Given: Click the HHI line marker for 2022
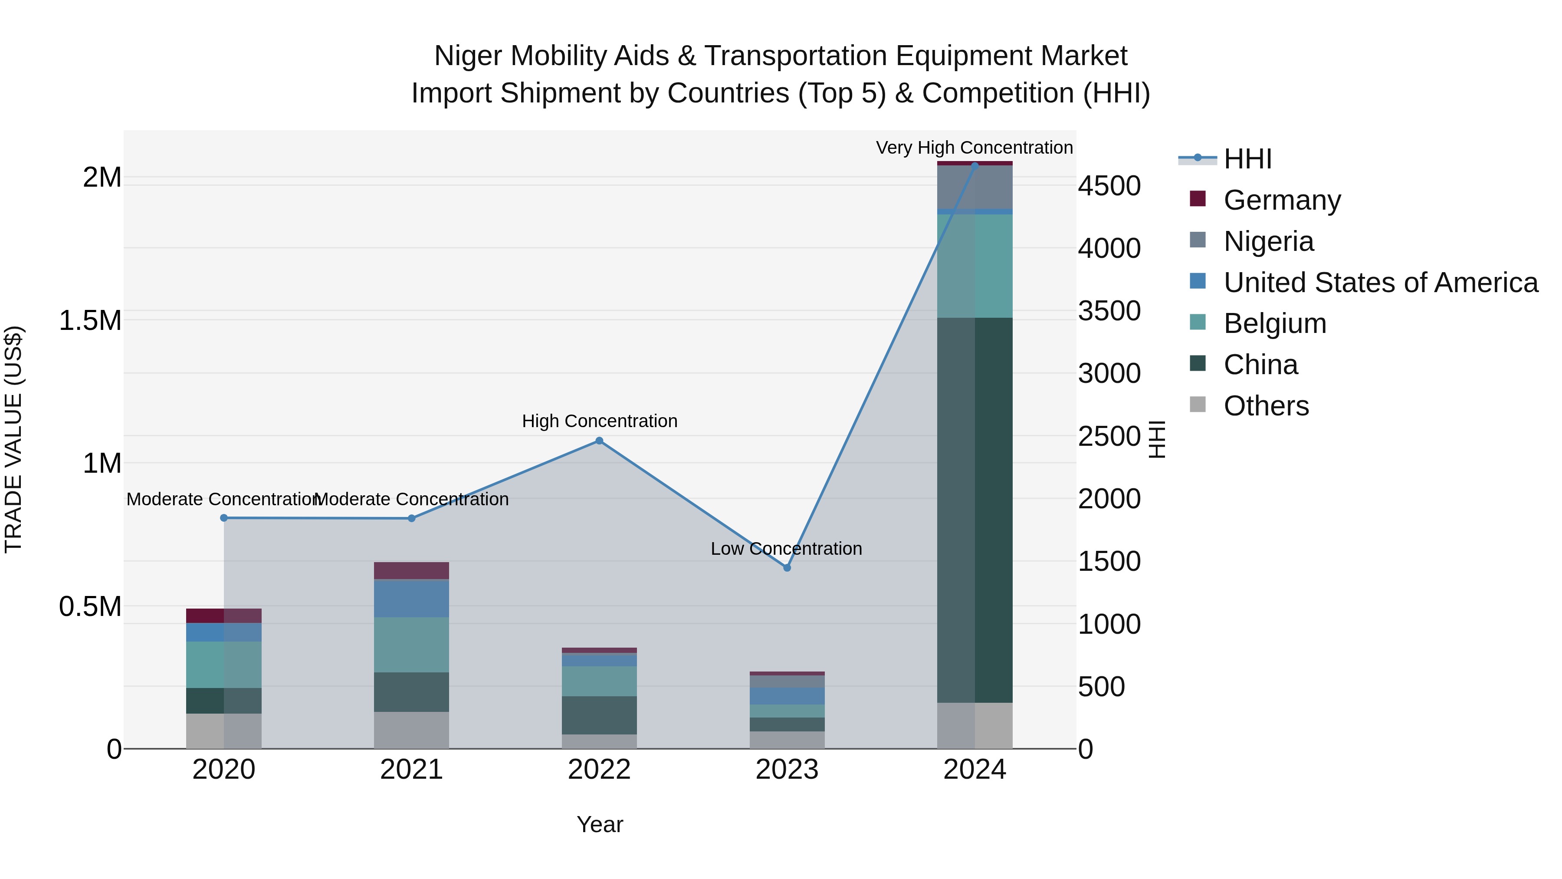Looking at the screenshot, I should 599,441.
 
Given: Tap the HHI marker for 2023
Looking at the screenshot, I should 787,568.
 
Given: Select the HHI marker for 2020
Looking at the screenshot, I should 224,518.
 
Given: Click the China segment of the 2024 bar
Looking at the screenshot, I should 975,510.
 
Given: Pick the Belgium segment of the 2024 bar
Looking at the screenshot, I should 975,266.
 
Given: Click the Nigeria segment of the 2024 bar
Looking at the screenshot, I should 975,187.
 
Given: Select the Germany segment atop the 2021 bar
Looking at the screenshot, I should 411,570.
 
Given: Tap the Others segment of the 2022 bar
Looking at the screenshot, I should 599,741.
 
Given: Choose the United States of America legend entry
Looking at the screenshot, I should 1380,283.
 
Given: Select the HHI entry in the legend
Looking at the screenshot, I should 1247,159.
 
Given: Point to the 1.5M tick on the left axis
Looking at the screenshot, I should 90,320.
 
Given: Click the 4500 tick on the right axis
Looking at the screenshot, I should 1109,186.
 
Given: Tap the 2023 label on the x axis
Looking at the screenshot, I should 787,770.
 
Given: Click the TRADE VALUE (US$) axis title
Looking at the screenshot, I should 13,439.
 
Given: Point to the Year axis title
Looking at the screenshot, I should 599,824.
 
